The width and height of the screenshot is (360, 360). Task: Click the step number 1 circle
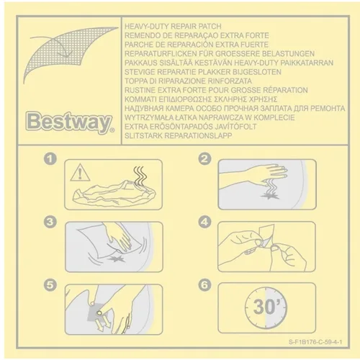[50, 158]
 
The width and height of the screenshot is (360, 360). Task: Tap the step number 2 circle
[205, 158]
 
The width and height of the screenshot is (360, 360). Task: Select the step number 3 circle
[50, 222]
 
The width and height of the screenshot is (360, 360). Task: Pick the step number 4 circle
[205, 222]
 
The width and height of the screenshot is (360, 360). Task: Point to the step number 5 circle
[50, 284]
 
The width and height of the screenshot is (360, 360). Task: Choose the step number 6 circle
[205, 284]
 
